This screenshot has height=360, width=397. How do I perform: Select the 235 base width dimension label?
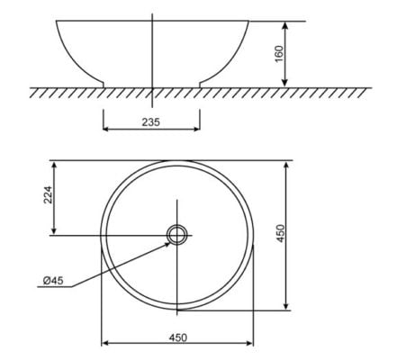(151, 121)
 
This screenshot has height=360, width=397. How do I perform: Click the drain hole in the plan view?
(176, 235)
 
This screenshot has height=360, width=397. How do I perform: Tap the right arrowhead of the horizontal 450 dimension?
(250, 343)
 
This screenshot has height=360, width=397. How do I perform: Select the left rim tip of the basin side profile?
(58, 21)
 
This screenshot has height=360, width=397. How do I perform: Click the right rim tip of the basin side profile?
(248, 21)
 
